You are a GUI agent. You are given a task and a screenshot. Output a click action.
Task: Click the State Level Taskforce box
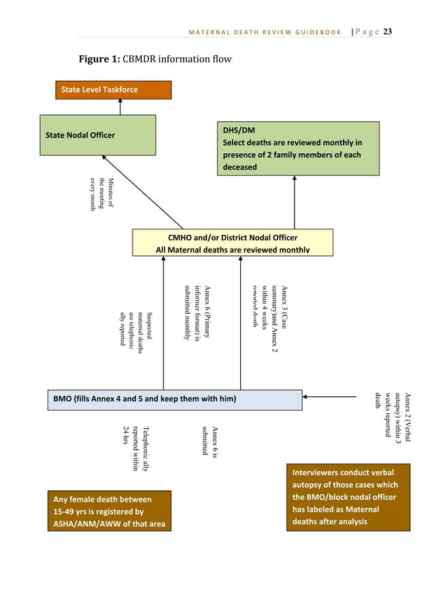tap(113, 90)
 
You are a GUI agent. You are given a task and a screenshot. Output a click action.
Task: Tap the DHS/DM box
tap(297, 148)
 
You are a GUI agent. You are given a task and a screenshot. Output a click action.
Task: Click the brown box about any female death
tap(109, 511)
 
